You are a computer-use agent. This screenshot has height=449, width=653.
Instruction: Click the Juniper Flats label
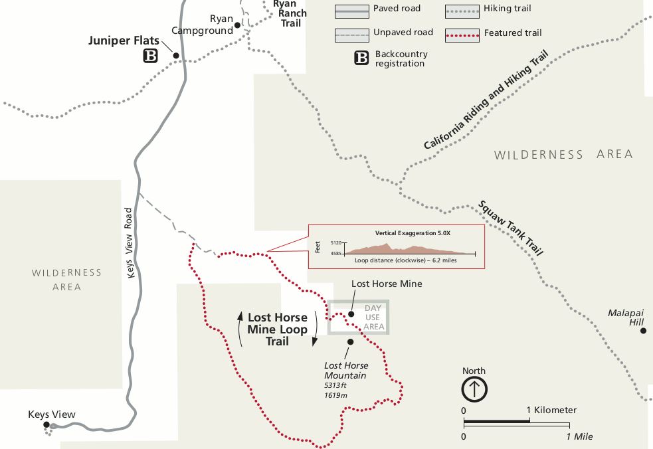point(124,41)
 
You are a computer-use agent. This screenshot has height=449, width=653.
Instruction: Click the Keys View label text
point(52,414)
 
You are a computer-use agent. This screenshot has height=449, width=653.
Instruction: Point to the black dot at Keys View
point(47,424)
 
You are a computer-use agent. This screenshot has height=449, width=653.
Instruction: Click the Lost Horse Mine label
point(387,284)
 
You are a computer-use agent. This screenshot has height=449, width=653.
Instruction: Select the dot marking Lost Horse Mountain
point(349,342)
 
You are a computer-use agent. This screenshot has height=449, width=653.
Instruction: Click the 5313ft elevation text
point(335,385)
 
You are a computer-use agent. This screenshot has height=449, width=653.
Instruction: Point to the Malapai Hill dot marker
point(643,330)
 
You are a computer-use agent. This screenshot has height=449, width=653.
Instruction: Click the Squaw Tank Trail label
point(511,228)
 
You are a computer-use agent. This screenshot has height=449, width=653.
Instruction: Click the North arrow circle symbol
point(474,389)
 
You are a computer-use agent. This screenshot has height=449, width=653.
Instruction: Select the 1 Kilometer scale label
point(551,410)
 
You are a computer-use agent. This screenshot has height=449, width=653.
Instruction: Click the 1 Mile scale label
point(579,436)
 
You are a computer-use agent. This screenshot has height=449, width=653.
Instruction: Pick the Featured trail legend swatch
point(462,32)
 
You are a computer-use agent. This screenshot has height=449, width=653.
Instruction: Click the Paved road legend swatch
point(351,9)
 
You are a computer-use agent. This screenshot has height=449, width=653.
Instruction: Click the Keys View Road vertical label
point(130,243)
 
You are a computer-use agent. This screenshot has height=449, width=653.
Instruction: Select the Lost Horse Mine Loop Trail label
point(278,329)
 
